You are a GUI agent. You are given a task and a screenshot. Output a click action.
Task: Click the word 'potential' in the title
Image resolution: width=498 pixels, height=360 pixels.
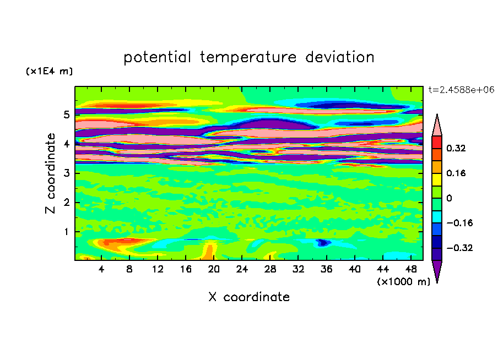click(x=157, y=57)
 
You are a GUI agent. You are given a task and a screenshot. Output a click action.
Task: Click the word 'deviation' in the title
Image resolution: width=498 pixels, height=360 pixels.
click(x=340, y=57)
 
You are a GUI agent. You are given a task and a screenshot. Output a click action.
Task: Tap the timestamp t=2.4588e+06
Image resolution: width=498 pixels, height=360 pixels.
click(x=461, y=90)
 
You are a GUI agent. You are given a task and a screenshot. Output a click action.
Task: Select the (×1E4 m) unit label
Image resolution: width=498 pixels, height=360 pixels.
click(x=49, y=71)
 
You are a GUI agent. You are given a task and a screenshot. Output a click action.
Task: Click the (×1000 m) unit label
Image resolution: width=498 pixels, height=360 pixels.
click(x=403, y=282)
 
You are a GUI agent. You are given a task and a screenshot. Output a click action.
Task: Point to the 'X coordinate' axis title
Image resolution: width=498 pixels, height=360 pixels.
click(x=249, y=297)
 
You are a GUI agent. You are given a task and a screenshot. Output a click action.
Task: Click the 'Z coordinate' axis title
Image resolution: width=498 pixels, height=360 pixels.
click(x=51, y=173)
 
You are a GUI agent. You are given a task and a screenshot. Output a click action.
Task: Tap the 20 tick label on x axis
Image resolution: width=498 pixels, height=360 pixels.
click(x=214, y=269)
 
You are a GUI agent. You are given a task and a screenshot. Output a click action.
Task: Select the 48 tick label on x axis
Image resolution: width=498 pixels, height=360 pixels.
click(x=411, y=269)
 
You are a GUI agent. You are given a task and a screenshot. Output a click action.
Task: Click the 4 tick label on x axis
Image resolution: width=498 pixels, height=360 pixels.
click(x=101, y=269)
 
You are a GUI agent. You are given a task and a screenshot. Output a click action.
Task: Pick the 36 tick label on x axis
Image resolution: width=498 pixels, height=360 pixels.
click(x=327, y=269)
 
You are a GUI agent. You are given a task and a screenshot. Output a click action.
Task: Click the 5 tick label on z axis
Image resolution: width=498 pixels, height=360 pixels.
click(x=66, y=114)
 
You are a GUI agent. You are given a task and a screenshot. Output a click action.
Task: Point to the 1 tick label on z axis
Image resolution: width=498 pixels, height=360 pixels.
click(x=66, y=232)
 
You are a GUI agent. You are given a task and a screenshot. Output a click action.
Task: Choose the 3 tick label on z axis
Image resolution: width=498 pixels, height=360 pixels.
click(x=66, y=173)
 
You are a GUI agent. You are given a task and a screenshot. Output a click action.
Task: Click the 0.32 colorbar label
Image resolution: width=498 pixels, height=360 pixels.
click(x=456, y=148)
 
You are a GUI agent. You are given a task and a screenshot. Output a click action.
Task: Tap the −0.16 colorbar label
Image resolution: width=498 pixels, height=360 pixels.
click(x=459, y=223)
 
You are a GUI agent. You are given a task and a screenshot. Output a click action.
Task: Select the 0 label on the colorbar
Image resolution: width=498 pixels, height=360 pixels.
click(x=449, y=198)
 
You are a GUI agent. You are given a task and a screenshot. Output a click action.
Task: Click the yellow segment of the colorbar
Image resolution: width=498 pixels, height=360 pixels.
click(x=437, y=179)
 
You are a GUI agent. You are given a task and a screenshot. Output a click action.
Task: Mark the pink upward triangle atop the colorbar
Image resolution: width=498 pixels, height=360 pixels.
click(x=437, y=127)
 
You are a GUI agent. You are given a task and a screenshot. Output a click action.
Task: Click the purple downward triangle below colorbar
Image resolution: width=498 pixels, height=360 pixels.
click(x=437, y=270)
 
